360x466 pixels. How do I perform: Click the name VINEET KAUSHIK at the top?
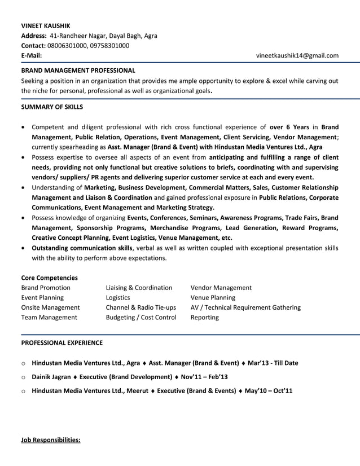46,26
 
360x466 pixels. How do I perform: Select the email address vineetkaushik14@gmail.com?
297,55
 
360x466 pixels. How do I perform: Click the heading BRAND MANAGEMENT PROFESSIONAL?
78,71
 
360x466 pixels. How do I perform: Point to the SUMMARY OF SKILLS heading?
52,106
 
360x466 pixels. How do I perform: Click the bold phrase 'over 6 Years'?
289,127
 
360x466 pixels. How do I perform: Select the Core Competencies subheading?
49,278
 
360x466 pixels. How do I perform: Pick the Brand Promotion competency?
46,288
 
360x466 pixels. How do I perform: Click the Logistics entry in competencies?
118,297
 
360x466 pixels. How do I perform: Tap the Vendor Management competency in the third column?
221,288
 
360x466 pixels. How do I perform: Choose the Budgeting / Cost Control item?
141,318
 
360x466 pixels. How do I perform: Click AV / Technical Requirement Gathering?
245,307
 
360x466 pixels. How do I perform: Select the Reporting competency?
205,318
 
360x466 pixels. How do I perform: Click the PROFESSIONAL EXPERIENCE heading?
62,342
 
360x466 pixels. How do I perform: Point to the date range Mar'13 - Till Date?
273,363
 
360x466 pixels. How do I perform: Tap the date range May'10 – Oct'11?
269,390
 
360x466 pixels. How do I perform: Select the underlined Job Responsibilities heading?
51,439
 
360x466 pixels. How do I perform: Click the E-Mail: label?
31,55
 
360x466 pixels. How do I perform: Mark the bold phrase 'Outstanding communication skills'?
82,248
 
